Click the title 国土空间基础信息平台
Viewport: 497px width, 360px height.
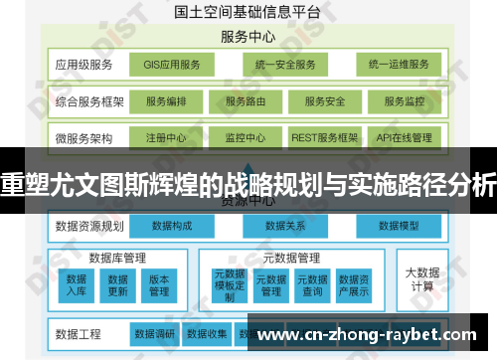coord(247,13)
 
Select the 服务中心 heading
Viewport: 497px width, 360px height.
coord(248,38)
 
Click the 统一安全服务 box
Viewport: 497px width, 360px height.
coord(284,65)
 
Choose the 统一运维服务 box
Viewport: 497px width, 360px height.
coord(398,65)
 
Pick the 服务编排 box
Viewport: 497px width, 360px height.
coord(165,100)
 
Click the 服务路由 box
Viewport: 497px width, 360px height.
coord(245,100)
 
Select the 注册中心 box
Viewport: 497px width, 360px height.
coord(165,136)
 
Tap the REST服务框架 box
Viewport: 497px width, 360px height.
coord(324,136)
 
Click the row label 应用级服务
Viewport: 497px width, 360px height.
coord(84,65)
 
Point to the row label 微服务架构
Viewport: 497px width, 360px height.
coord(84,136)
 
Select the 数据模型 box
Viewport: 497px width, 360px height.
coord(401,228)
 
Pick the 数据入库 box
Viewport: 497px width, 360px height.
coord(77,284)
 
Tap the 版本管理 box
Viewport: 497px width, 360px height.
coord(159,284)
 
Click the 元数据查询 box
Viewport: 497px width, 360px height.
coord(312,284)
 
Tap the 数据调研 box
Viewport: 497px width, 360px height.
coord(155,333)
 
